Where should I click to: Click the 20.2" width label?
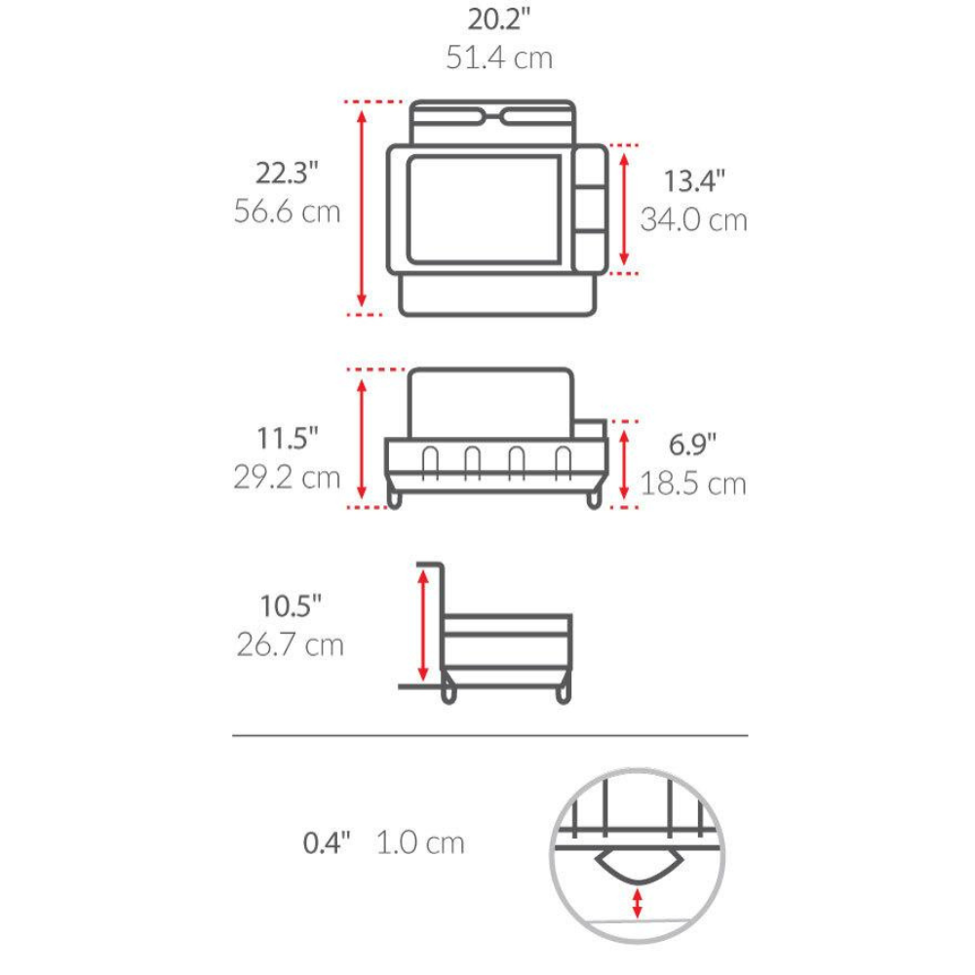point(499,19)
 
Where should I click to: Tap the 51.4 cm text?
point(499,58)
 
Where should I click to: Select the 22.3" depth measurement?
point(287,173)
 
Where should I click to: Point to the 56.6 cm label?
point(288,212)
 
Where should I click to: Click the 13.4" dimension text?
point(694,181)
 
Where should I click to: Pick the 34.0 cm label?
point(694,220)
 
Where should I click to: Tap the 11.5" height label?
point(288,439)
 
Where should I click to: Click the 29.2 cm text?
point(288,478)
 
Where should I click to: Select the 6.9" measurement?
point(692,445)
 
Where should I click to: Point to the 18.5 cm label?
point(693,484)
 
